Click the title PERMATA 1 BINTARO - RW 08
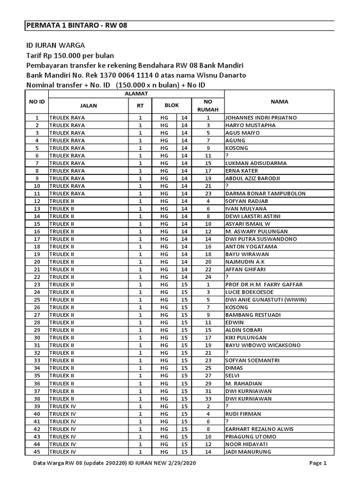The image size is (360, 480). coord(76,26)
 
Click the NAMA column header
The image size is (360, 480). coord(279,101)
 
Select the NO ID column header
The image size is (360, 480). coord(37,101)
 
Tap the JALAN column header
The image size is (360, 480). coord(89,105)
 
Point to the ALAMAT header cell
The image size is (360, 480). coord(136,94)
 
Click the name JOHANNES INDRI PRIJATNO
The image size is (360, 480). coord(261,118)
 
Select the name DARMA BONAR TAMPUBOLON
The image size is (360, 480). coord(265,194)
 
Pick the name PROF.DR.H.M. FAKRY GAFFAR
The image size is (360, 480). coord(264,285)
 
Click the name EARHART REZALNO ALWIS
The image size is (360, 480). coord(259,429)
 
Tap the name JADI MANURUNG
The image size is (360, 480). coord(248,452)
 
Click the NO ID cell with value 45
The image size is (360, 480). coord(37,452)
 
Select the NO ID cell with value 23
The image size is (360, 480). coord(37,285)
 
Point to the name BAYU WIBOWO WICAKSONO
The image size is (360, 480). coord(263,345)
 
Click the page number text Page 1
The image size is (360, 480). coord(318,463)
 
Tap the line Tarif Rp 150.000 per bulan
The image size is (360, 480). coord(70,55)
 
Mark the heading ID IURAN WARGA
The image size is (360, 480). coord(55,45)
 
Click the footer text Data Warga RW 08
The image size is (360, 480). coord(55,463)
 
